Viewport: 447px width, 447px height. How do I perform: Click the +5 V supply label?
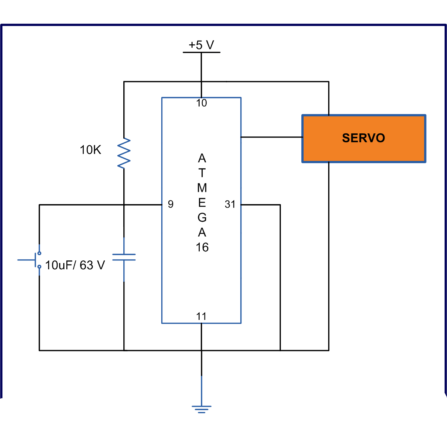point(201,45)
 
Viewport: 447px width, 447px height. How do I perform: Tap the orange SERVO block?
point(364,139)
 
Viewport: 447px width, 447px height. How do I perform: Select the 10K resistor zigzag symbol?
point(124,153)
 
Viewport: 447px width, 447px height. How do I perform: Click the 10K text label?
point(90,150)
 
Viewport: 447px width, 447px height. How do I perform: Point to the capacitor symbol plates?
point(124,257)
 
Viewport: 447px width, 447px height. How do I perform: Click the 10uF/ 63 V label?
point(75,265)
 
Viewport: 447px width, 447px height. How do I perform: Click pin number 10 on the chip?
point(202,103)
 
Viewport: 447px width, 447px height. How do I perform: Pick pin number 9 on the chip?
point(171,204)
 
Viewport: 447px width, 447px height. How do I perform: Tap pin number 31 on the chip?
point(230,205)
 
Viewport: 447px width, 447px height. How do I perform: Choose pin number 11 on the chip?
point(201,316)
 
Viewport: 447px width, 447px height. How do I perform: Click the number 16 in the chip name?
point(202,247)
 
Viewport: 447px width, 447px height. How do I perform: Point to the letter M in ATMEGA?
point(202,188)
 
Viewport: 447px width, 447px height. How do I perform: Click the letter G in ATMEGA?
point(202,217)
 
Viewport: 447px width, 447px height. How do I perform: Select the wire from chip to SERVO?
point(272,137)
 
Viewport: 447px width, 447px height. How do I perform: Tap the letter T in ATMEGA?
point(202,173)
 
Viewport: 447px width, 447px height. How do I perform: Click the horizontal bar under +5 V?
point(202,52)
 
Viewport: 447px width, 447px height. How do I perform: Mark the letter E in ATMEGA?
point(202,203)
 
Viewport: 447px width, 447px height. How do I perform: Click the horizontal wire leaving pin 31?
point(260,205)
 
